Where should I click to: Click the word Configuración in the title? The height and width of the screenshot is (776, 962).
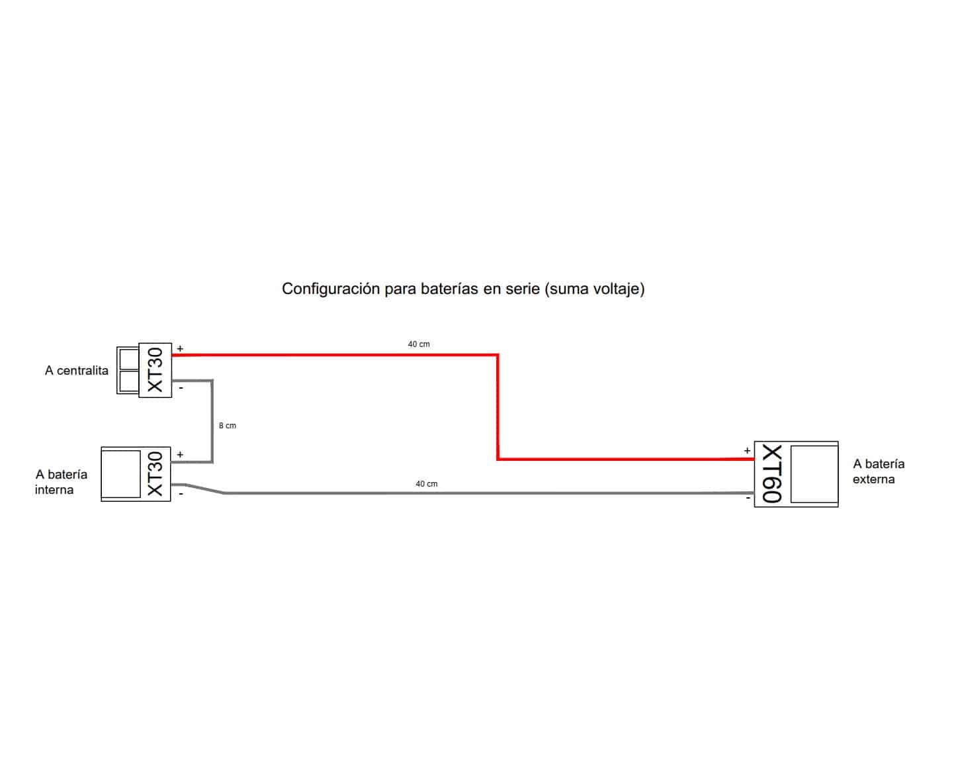click(331, 289)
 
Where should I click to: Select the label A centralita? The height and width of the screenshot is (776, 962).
click(77, 371)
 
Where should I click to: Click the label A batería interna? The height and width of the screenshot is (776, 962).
click(62, 482)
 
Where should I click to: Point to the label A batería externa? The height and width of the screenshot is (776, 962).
click(879, 471)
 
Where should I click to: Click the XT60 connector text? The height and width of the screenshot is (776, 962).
click(772, 473)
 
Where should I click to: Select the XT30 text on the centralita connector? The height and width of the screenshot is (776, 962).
click(155, 370)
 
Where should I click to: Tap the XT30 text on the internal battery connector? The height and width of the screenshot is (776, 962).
click(155, 474)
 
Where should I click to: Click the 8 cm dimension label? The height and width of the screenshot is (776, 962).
click(228, 426)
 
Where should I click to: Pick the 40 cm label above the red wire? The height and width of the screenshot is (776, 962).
click(419, 344)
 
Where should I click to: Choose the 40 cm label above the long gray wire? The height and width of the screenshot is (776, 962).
click(427, 484)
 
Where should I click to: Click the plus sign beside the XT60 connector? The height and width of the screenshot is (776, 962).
click(747, 450)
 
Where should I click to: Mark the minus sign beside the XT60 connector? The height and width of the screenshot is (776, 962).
click(748, 498)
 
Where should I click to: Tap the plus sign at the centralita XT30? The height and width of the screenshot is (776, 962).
click(180, 348)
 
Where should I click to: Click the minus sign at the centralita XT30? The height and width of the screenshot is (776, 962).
click(181, 387)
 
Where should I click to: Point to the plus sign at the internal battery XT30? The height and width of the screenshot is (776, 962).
click(180, 454)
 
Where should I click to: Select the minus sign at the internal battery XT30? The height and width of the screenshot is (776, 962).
click(181, 494)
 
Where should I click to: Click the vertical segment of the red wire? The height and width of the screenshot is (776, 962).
click(498, 407)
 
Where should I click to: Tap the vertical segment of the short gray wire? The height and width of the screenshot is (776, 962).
click(212, 421)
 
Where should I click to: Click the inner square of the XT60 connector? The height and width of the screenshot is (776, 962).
click(814, 474)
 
